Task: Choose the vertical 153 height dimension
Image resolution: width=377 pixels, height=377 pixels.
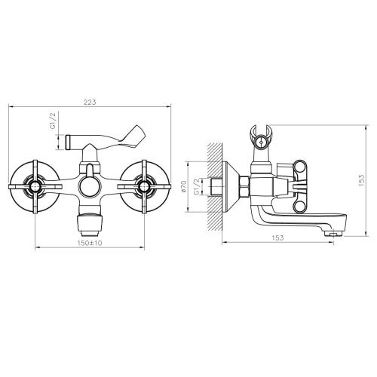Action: coord(362,178)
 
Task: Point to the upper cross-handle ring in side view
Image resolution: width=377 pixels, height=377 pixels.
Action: coord(302,168)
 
